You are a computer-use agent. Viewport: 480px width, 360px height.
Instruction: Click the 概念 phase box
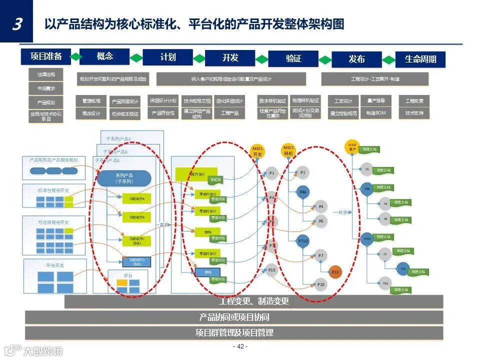(104, 56)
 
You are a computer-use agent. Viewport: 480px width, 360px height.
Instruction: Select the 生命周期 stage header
(420, 59)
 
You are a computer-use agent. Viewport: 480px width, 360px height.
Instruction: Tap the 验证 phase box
(293, 58)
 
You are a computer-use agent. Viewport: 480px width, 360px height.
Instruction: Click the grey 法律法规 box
(46, 75)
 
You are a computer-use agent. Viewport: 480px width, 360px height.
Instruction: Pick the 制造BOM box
(375, 113)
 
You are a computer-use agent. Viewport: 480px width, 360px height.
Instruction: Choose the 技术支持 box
(414, 113)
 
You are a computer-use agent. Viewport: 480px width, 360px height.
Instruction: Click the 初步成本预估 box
(124, 113)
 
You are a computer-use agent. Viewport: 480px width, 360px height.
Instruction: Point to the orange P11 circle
(335, 272)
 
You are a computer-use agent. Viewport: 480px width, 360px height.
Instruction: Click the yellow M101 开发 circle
(257, 151)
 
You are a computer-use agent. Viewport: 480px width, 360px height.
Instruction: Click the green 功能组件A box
(136, 199)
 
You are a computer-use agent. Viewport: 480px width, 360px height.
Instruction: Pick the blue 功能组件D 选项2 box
(136, 261)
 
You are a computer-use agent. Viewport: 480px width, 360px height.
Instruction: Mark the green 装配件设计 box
(195, 174)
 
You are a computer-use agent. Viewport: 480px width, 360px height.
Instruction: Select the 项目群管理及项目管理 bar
(234, 332)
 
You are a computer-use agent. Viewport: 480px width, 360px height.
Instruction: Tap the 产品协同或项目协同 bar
(234, 317)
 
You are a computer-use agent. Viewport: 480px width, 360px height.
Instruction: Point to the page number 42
(240, 346)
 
